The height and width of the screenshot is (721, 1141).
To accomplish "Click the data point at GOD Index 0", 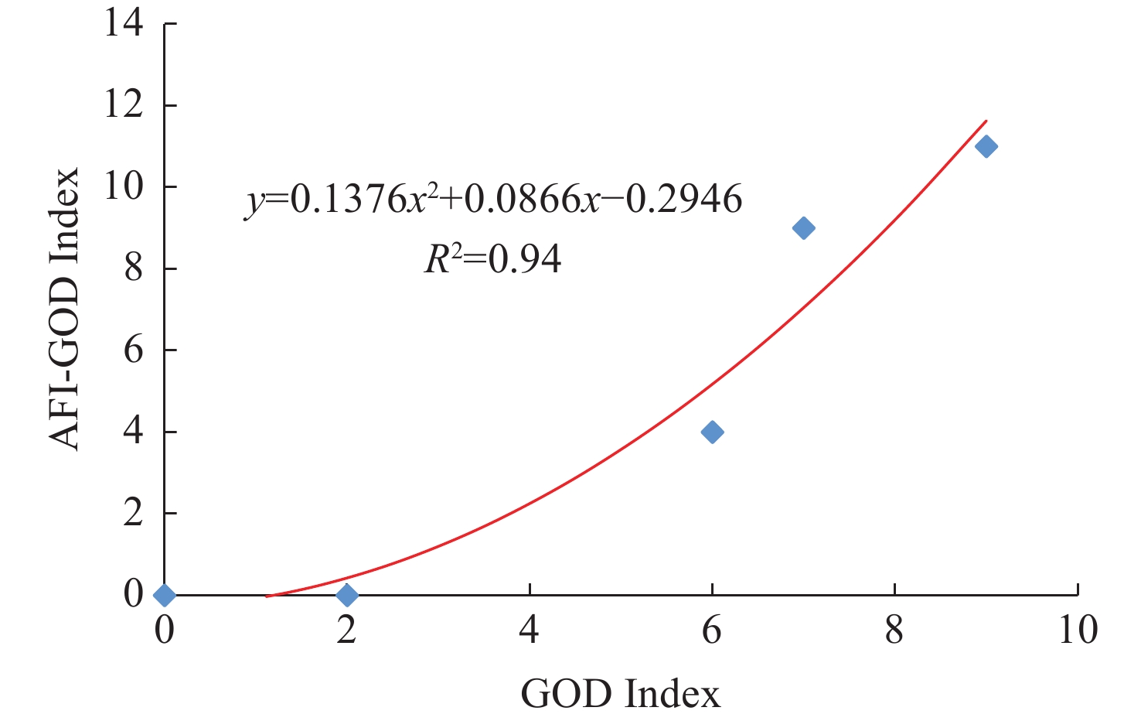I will click(x=164, y=595).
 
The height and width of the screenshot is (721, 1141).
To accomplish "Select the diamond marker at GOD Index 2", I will click(x=347, y=595).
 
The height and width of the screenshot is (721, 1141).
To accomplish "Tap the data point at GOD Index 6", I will click(x=712, y=432).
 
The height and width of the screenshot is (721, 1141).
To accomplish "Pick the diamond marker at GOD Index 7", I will click(x=803, y=227).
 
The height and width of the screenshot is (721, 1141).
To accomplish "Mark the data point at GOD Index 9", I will click(x=986, y=146).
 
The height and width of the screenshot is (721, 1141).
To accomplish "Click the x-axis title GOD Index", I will click(x=620, y=694).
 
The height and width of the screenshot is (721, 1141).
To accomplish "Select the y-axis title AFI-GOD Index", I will click(x=65, y=309).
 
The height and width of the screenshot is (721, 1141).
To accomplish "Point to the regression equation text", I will click(x=494, y=200).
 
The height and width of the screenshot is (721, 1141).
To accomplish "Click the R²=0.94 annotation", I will click(x=493, y=259).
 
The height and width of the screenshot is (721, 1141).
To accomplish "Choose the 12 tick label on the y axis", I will click(x=124, y=104).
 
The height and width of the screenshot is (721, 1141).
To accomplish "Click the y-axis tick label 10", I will click(x=124, y=186).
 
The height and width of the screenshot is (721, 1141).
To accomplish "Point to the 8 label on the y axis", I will click(x=133, y=268).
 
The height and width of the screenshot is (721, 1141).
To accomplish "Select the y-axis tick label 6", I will click(x=133, y=350).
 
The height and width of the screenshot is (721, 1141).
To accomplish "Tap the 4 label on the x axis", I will click(x=530, y=630).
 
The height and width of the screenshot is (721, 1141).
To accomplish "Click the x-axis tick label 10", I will click(x=1077, y=630).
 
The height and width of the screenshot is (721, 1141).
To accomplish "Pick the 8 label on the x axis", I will click(x=894, y=630).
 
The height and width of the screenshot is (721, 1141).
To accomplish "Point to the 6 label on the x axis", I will click(x=712, y=630).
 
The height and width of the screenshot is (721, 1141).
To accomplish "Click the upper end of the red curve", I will click(x=986, y=121).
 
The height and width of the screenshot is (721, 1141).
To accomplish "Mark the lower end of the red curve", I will click(x=267, y=596).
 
